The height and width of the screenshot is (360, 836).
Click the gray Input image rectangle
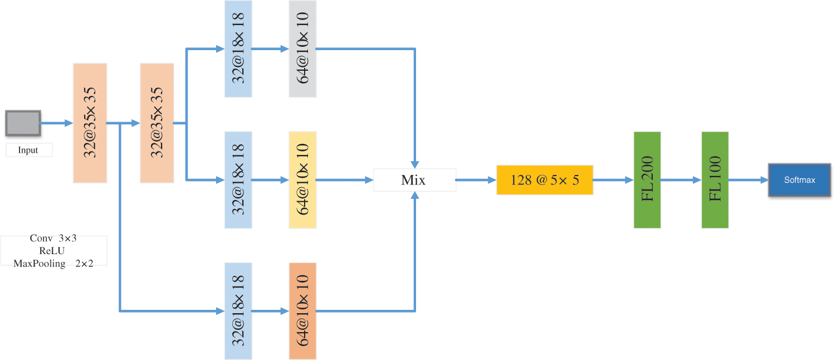coord(23,123)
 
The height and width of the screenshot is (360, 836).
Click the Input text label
coord(28,150)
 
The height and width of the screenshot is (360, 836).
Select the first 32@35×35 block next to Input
coord(90,123)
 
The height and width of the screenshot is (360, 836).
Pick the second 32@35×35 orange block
coord(157,123)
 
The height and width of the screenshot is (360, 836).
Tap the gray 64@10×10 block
coord(302,49)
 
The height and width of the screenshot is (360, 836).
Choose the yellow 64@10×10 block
coord(302,180)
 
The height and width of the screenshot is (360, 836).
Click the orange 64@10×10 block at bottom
coord(302,311)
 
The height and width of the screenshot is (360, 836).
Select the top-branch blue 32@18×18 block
coord(238,49)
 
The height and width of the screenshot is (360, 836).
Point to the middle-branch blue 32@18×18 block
coord(238,180)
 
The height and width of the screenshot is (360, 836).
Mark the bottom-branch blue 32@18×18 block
coord(238,311)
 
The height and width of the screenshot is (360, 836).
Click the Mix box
coord(414,180)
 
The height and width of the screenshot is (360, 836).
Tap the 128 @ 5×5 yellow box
coord(544,180)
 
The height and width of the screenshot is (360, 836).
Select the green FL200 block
coord(647,180)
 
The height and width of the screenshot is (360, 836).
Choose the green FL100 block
coord(715,180)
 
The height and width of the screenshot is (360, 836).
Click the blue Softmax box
coord(799,180)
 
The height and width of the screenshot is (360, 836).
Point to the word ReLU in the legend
coord(52,251)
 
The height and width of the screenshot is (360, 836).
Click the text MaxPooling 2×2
coord(53,263)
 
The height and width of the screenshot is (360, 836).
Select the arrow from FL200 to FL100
coord(681,180)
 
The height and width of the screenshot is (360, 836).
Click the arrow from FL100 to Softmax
coord(748,180)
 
